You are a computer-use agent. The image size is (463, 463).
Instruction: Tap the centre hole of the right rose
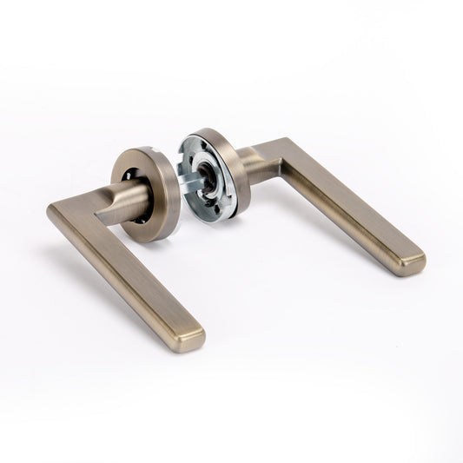[x=209, y=173]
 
